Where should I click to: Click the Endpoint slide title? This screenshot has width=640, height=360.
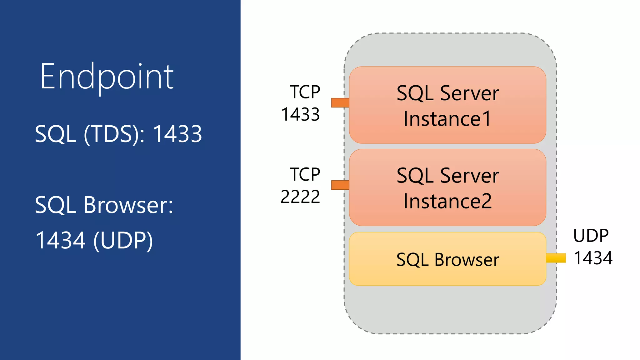tap(107, 77)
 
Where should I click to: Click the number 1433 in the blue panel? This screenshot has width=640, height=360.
tap(177, 134)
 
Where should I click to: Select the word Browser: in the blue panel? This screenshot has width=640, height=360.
tap(128, 205)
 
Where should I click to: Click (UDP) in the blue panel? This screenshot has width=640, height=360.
tap(123, 241)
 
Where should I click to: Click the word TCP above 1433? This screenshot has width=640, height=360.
tap(305, 92)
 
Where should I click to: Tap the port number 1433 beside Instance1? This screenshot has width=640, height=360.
tap(300, 114)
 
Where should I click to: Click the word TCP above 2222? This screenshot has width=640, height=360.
tap(305, 174)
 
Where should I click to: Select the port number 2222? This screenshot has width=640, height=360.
tap(300, 197)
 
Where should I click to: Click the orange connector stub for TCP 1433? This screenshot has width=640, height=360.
tap(340, 103)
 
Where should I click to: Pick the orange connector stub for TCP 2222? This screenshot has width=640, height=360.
tap(340, 185)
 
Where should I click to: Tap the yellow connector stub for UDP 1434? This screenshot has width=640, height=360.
tap(556, 258)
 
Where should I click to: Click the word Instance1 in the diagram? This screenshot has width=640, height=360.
tap(447, 119)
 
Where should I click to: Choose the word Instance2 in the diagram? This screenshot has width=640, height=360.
tap(447, 201)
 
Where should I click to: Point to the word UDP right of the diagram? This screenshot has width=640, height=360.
tap(591, 236)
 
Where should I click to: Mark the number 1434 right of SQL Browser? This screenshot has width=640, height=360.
tap(593, 258)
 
